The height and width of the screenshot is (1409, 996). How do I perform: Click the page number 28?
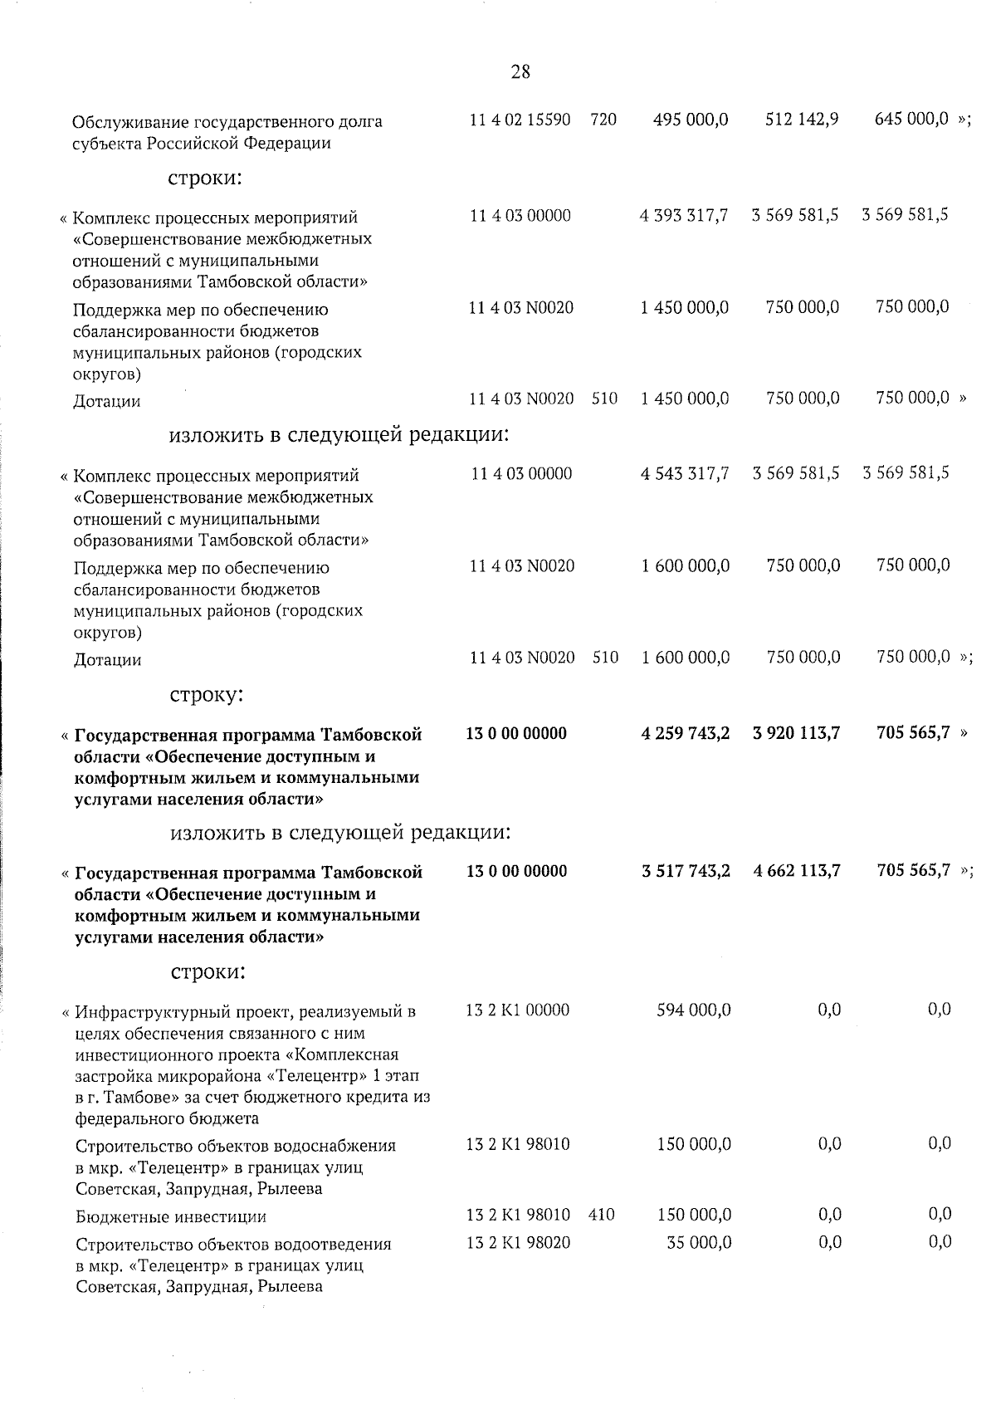(x=520, y=72)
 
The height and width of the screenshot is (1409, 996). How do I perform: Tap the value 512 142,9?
(x=801, y=120)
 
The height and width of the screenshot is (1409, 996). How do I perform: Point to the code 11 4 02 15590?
(x=520, y=120)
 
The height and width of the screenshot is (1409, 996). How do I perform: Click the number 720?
(x=603, y=120)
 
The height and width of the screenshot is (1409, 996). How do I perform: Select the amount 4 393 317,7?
(x=684, y=216)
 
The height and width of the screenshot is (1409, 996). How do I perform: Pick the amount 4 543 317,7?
(x=684, y=474)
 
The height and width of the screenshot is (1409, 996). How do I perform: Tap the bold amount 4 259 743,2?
(x=686, y=733)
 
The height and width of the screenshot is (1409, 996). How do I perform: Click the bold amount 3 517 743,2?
(x=686, y=871)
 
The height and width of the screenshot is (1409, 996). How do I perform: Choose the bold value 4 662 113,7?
(x=796, y=871)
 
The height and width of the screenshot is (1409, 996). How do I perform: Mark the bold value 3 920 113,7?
(x=796, y=733)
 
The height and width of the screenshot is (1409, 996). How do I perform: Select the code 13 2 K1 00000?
(x=518, y=1010)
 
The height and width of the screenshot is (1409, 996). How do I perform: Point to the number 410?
(x=602, y=1215)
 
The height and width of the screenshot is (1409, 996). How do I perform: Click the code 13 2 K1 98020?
(x=518, y=1242)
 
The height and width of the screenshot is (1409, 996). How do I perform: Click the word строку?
(x=207, y=694)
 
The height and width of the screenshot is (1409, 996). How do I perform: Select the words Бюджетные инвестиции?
(x=171, y=1217)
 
